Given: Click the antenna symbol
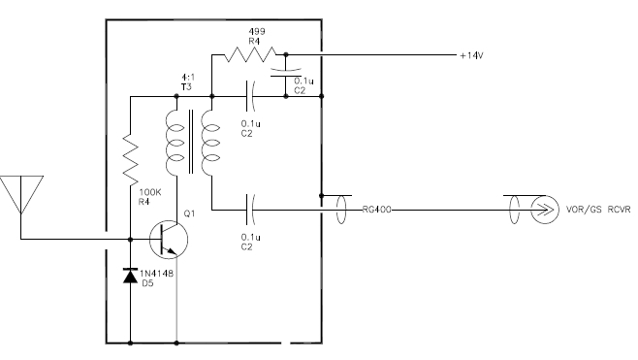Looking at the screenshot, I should (19, 195).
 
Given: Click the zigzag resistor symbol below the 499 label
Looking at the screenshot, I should (249, 54).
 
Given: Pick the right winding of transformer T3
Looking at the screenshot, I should (207, 142).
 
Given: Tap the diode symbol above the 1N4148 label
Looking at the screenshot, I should (130, 277).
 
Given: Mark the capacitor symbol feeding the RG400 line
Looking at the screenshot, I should (251, 207).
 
